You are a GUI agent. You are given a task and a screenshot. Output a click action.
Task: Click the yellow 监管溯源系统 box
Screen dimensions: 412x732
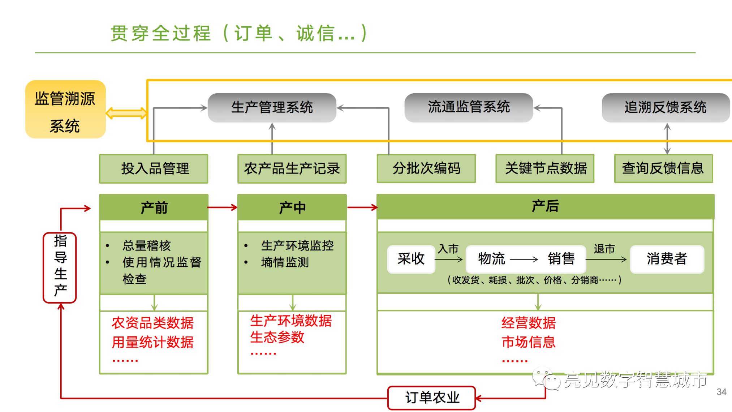65,110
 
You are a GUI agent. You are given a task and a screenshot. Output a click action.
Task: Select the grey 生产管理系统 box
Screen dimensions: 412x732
272,107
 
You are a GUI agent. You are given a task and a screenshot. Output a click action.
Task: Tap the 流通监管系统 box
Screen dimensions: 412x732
469,107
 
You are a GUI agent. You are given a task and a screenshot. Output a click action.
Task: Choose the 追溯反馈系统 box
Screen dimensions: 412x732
666,107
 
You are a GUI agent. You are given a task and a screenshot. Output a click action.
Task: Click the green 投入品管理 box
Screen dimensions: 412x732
154,168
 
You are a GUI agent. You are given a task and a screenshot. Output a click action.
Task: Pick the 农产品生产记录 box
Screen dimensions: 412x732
292,168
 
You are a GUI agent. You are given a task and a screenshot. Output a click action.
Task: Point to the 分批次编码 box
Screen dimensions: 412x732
426,168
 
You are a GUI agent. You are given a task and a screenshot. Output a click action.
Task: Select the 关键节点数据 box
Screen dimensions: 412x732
545,168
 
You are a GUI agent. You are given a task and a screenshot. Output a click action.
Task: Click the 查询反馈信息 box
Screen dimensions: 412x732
663,168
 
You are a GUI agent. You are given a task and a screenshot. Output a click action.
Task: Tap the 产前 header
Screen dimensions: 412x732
154,207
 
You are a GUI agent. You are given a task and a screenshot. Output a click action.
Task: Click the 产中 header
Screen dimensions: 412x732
292,207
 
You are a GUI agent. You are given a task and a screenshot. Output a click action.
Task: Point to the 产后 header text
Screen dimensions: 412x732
545,206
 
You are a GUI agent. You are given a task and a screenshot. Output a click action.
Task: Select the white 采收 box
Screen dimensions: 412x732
411,259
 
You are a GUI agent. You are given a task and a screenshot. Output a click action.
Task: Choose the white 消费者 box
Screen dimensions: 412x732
667,259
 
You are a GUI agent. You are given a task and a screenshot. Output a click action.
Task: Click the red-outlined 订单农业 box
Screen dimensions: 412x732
432,398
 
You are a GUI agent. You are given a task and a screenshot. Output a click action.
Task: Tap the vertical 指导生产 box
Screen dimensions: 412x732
60,267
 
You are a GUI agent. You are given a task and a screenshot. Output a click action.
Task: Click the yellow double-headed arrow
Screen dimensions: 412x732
126,113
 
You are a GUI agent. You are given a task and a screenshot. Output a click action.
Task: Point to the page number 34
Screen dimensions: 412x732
721,392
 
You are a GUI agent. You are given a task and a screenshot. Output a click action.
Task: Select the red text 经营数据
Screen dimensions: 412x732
528,323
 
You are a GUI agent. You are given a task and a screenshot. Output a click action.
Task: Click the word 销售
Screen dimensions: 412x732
561,259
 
